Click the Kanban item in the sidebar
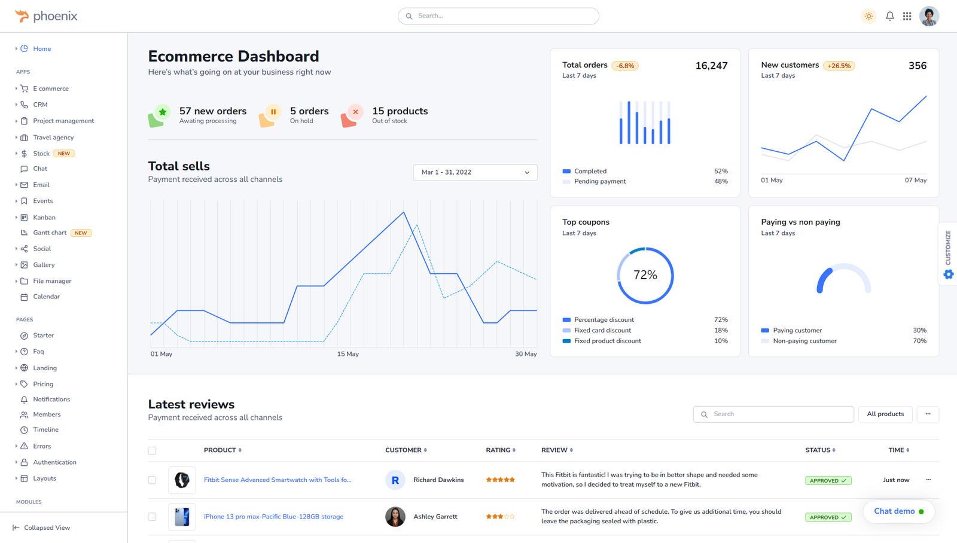[44, 218]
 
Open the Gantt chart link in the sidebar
[50, 233]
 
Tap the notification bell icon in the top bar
[890, 16]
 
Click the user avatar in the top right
[929, 16]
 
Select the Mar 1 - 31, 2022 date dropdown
[475, 172]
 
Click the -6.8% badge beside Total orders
[625, 66]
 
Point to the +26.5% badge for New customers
[839, 66]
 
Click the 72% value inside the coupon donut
[645, 275]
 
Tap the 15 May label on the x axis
[348, 354]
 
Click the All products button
[885, 414]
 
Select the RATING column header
[500, 450]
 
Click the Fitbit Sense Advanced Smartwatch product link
[278, 480]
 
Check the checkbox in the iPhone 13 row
[152, 517]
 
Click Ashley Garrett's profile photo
[395, 517]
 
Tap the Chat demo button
[898, 511]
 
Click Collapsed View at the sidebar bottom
[47, 527]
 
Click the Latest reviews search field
[778, 414]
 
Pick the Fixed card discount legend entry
[602, 330]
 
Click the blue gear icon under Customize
[949, 274]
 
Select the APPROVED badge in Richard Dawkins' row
[828, 480]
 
